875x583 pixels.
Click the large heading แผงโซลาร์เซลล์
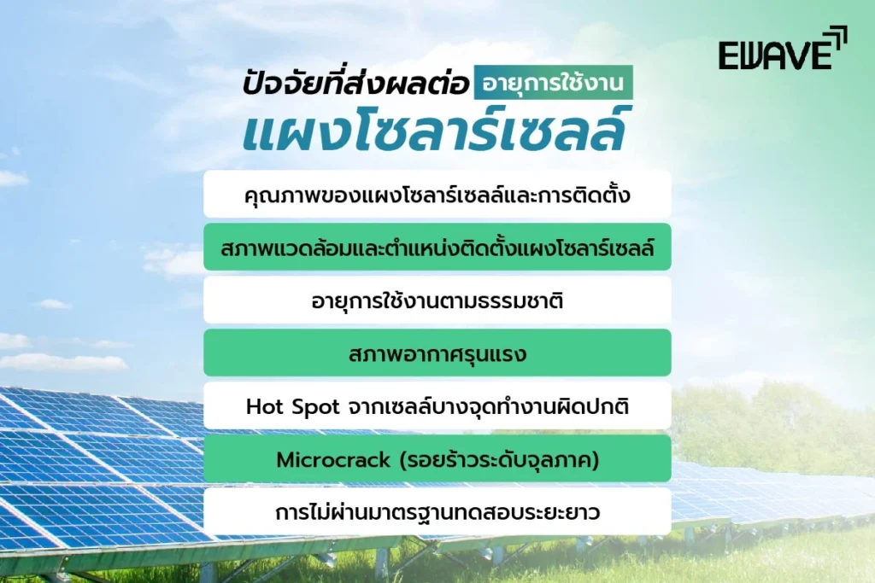(x=437, y=129)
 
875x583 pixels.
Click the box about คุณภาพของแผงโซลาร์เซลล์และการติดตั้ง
(x=437, y=195)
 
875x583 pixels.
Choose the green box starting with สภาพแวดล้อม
(x=437, y=248)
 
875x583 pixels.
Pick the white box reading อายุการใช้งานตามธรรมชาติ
(x=437, y=300)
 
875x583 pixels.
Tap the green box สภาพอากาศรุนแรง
(x=437, y=353)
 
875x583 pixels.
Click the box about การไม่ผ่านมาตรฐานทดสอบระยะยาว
(x=437, y=513)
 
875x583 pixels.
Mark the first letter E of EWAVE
(x=728, y=55)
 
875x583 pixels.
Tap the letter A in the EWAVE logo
(x=777, y=55)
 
